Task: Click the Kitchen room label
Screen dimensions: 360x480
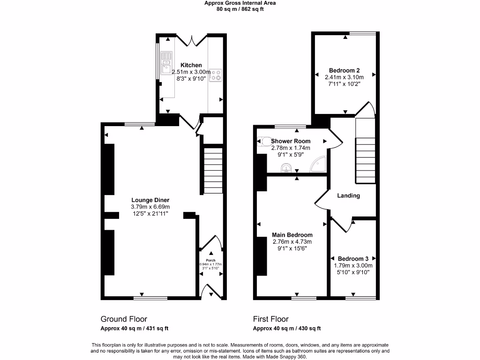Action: (x=191, y=65)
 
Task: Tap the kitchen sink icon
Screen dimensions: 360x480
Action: (x=166, y=63)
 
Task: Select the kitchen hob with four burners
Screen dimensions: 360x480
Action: (x=216, y=75)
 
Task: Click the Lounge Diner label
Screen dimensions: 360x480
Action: (x=150, y=200)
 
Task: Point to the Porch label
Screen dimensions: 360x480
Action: (x=210, y=260)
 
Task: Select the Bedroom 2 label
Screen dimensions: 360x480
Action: (x=344, y=70)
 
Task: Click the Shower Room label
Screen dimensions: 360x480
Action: (x=291, y=141)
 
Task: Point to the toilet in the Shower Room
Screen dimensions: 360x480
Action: (x=263, y=141)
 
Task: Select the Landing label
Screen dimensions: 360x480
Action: (x=349, y=195)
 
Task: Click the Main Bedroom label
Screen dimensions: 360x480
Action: (x=292, y=235)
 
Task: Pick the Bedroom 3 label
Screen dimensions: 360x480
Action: (x=353, y=259)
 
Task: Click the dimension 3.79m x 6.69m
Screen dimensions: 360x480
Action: (x=150, y=207)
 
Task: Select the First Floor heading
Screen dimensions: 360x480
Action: (x=270, y=319)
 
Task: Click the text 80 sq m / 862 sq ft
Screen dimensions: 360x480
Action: (x=240, y=9)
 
